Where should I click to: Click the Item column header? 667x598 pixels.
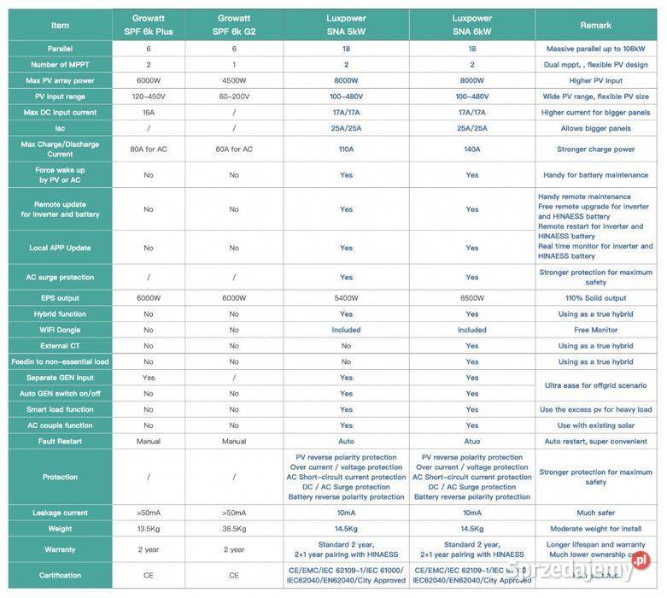coord(60,25)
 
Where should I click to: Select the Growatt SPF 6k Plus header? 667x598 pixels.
coord(149,25)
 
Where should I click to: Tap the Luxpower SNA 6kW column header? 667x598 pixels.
coord(471,25)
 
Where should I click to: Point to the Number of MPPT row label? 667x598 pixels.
coord(60,65)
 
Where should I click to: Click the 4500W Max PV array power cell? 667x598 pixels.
coord(234,80)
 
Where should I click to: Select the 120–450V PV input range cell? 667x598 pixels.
coord(149,97)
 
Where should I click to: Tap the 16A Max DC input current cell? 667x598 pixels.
coord(149,112)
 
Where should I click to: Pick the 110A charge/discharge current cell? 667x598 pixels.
coord(346,149)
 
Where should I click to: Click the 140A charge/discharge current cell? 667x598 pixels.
coord(471,149)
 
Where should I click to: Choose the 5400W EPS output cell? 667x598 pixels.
coord(346,298)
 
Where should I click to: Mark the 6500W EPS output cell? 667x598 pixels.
coord(471,298)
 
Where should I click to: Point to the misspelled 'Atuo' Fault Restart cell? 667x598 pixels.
coord(471,442)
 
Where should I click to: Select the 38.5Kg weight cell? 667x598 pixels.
coord(234,529)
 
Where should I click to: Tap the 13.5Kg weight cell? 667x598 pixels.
coord(149,529)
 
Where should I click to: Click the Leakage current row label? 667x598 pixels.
coord(60,513)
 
